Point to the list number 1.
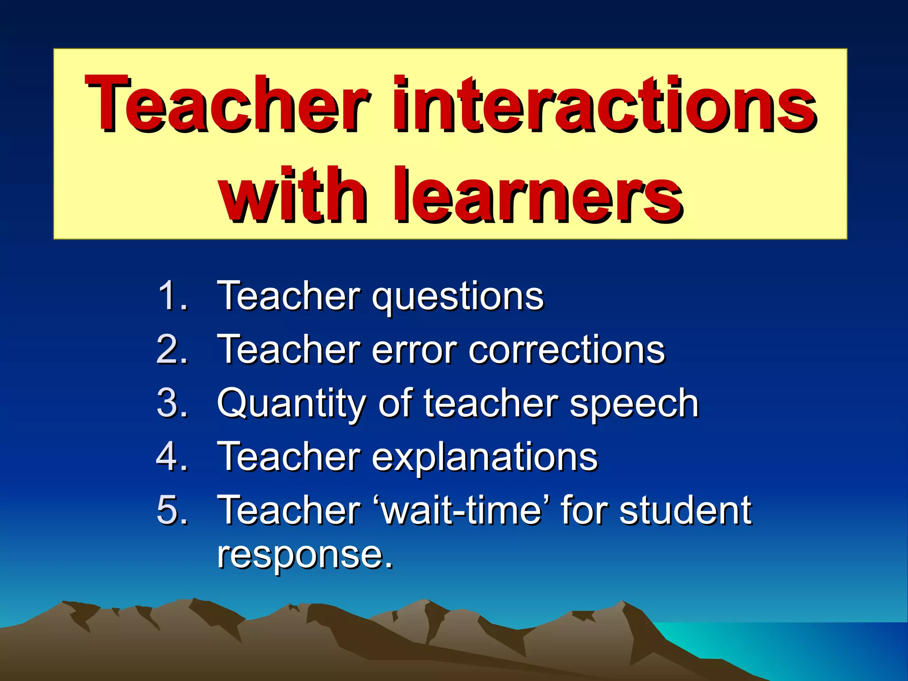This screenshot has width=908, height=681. pos(172,295)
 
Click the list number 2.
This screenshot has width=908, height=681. pos(172,349)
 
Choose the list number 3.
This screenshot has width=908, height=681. pos(172,403)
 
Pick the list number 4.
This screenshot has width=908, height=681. pos(172,456)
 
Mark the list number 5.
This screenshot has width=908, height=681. pos(172,510)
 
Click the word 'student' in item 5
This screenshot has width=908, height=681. pos(685,510)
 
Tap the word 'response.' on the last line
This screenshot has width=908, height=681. pos(305,556)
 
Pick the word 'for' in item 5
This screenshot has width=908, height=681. pos(584,510)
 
